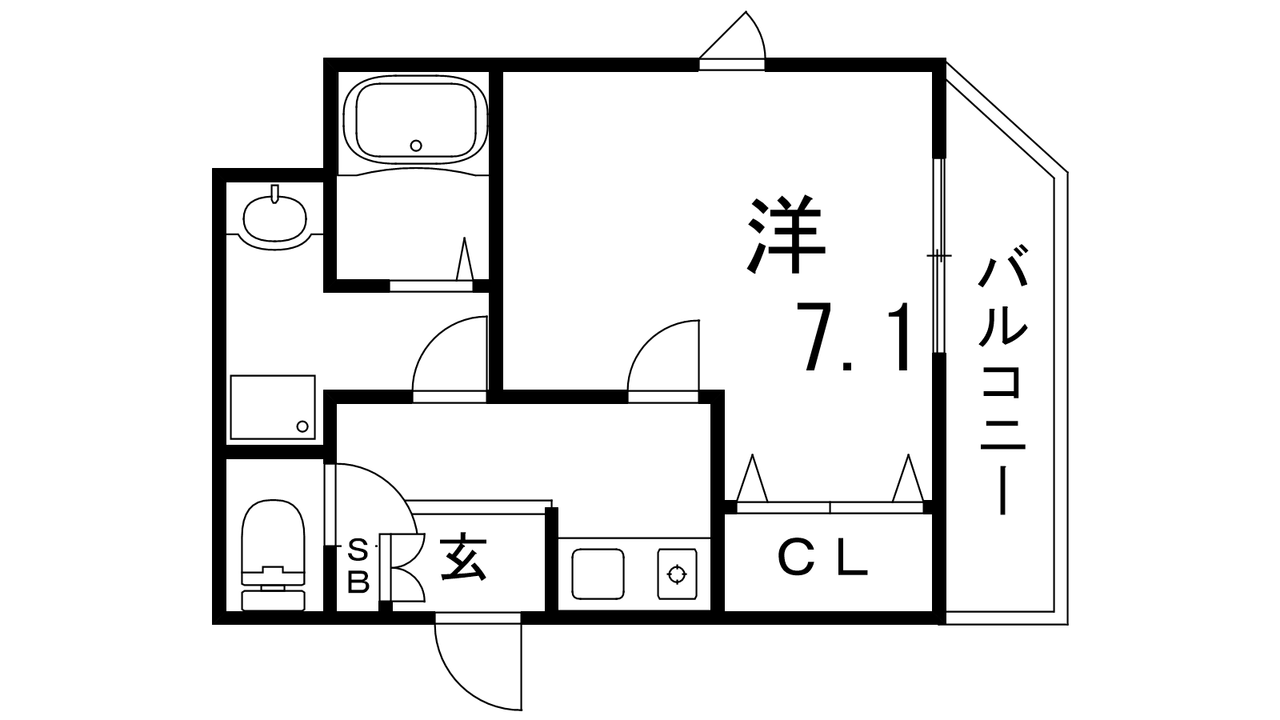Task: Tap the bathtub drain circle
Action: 415,145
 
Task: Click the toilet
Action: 274,552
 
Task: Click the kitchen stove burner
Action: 678,573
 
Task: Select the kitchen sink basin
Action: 598,573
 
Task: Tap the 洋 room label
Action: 786,234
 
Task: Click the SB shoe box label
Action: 358,566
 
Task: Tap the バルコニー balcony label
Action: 1002,384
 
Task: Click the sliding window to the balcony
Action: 940,256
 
